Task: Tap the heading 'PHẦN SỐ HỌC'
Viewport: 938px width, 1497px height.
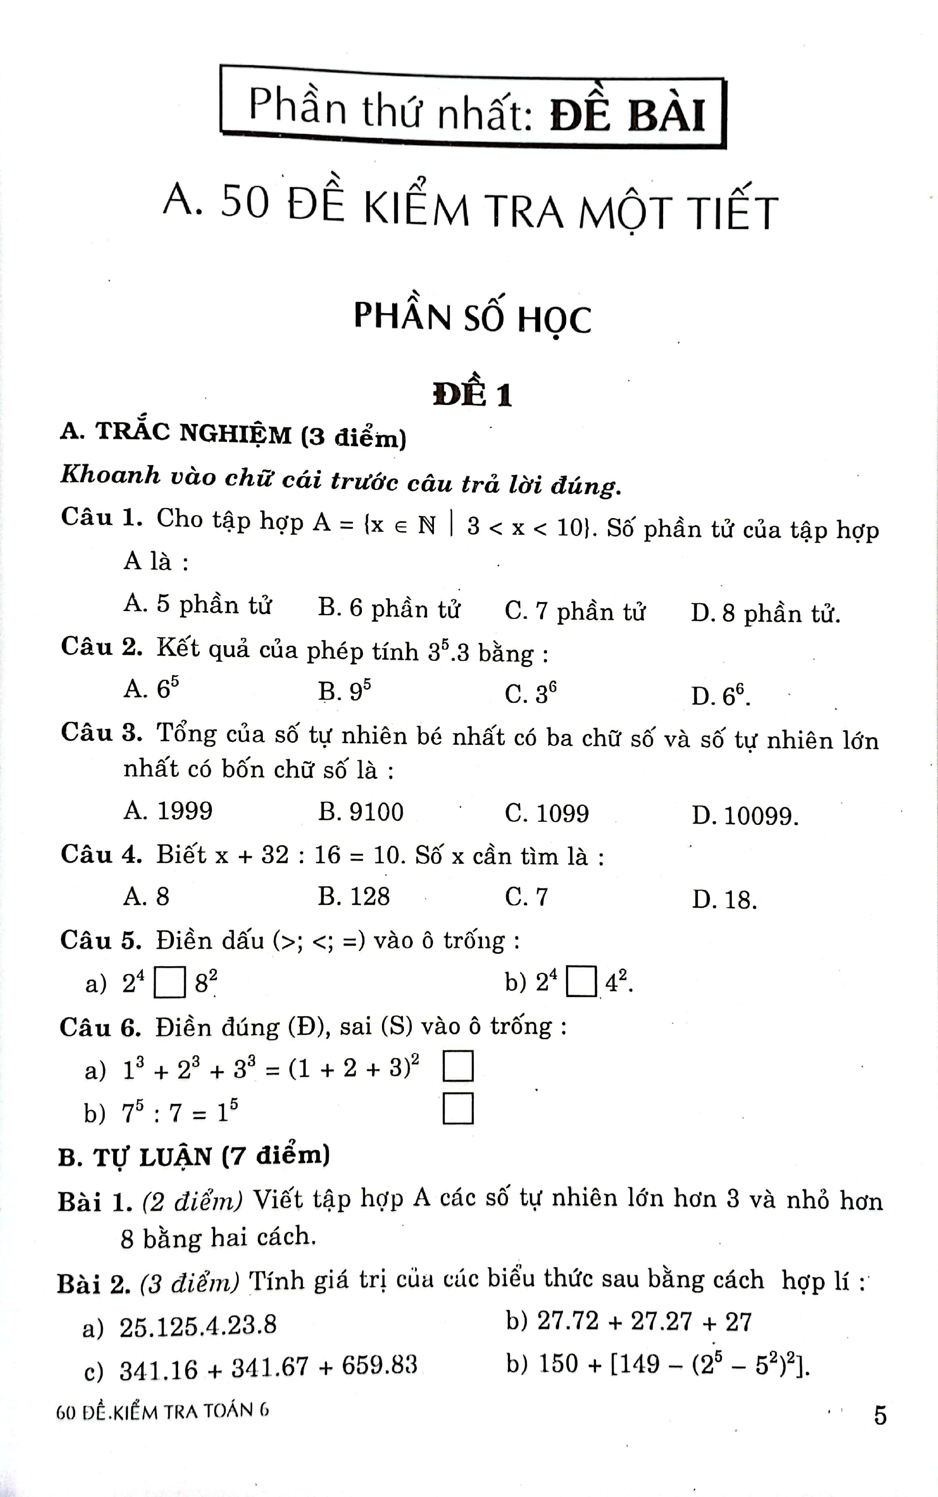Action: [472, 318]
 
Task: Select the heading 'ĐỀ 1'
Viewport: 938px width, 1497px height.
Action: [473, 394]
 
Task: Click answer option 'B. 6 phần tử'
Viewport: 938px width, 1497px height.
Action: [389, 608]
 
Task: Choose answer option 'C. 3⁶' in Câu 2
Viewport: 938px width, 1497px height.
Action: [530, 693]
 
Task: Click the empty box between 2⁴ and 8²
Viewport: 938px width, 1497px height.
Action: [169, 983]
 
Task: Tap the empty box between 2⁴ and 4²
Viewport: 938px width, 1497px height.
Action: [582, 982]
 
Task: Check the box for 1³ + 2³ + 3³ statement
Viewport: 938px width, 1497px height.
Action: [458, 1066]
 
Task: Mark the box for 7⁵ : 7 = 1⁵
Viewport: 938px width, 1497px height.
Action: [458, 1109]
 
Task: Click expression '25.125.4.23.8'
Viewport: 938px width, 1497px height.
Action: [197, 1326]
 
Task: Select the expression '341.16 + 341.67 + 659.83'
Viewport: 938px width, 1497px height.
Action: [268, 1368]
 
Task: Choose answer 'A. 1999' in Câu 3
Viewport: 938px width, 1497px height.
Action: [168, 811]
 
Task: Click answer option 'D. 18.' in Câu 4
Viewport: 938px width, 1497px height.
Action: [724, 900]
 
